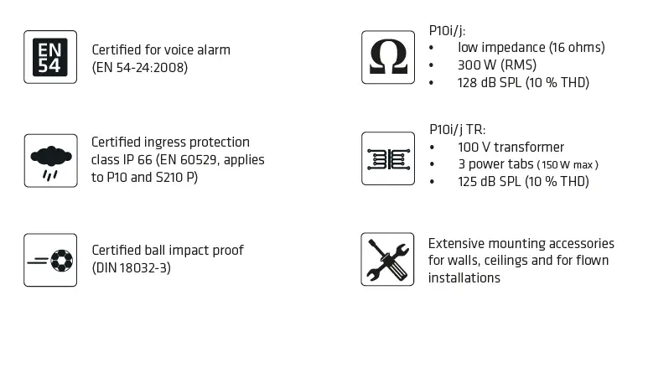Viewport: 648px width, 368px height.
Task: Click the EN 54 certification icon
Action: (x=49, y=57)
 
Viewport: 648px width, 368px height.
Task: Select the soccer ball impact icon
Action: (x=49, y=260)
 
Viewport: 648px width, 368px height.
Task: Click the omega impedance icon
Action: (x=387, y=57)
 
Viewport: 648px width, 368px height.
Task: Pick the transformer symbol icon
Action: (x=387, y=158)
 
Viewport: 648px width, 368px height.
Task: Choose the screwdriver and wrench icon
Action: (x=387, y=259)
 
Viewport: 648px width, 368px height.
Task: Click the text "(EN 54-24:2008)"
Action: (x=139, y=67)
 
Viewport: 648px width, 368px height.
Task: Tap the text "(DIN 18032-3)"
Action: (x=132, y=268)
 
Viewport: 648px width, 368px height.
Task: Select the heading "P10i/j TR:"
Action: (x=457, y=129)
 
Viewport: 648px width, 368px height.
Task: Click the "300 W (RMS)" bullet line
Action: (x=497, y=65)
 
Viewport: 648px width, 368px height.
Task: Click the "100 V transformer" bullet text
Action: (x=511, y=147)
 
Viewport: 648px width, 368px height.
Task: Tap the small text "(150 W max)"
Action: (x=568, y=164)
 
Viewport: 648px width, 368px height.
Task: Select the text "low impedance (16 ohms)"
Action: (x=531, y=47)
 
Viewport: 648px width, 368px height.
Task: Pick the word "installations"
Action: (x=464, y=277)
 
